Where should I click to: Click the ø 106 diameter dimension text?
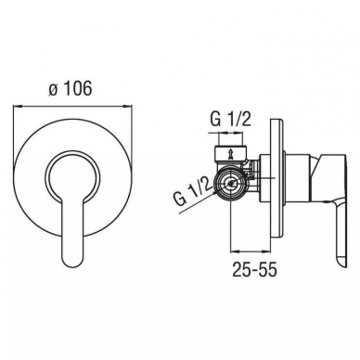pyautogui.click(x=71, y=89)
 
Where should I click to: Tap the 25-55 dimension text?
pyautogui.click(x=254, y=271)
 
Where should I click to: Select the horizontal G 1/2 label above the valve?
pyautogui.click(x=230, y=119)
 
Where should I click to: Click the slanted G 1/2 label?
pyautogui.click(x=192, y=195)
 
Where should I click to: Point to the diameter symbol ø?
pyautogui.click(x=53, y=90)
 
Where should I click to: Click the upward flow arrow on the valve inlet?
pyautogui.click(x=230, y=153)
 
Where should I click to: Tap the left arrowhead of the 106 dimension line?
pyautogui.click(x=18, y=107)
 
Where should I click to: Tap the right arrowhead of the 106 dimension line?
pyautogui.click(x=128, y=107)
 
